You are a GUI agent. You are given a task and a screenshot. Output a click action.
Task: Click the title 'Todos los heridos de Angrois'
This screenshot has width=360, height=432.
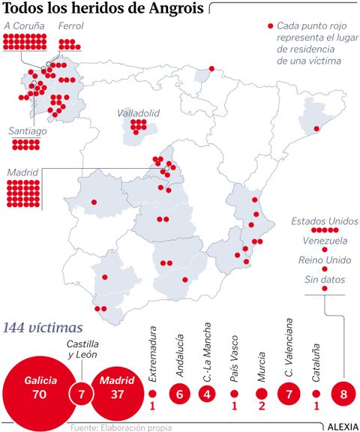pyautogui.click(x=105, y=10)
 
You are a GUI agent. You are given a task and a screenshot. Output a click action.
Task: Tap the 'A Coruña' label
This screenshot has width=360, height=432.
pyautogui.click(x=25, y=28)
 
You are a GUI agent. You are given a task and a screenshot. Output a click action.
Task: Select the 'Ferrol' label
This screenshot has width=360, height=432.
pyautogui.click(x=70, y=28)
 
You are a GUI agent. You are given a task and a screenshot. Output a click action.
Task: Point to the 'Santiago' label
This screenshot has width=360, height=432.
pyautogui.click(x=27, y=130)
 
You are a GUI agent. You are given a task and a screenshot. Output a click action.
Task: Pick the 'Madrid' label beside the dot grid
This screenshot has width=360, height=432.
pyautogui.click(x=22, y=172)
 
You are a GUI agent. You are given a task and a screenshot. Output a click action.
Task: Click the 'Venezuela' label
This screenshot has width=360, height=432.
pyautogui.click(x=325, y=241)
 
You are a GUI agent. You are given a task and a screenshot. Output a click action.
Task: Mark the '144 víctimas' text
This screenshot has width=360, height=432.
pyautogui.click(x=43, y=328)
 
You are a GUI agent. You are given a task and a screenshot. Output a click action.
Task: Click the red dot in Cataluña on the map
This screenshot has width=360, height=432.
pyautogui.click(x=316, y=129)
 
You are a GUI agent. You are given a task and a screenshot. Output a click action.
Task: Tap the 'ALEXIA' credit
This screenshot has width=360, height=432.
pyautogui.click(x=342, y=426)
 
